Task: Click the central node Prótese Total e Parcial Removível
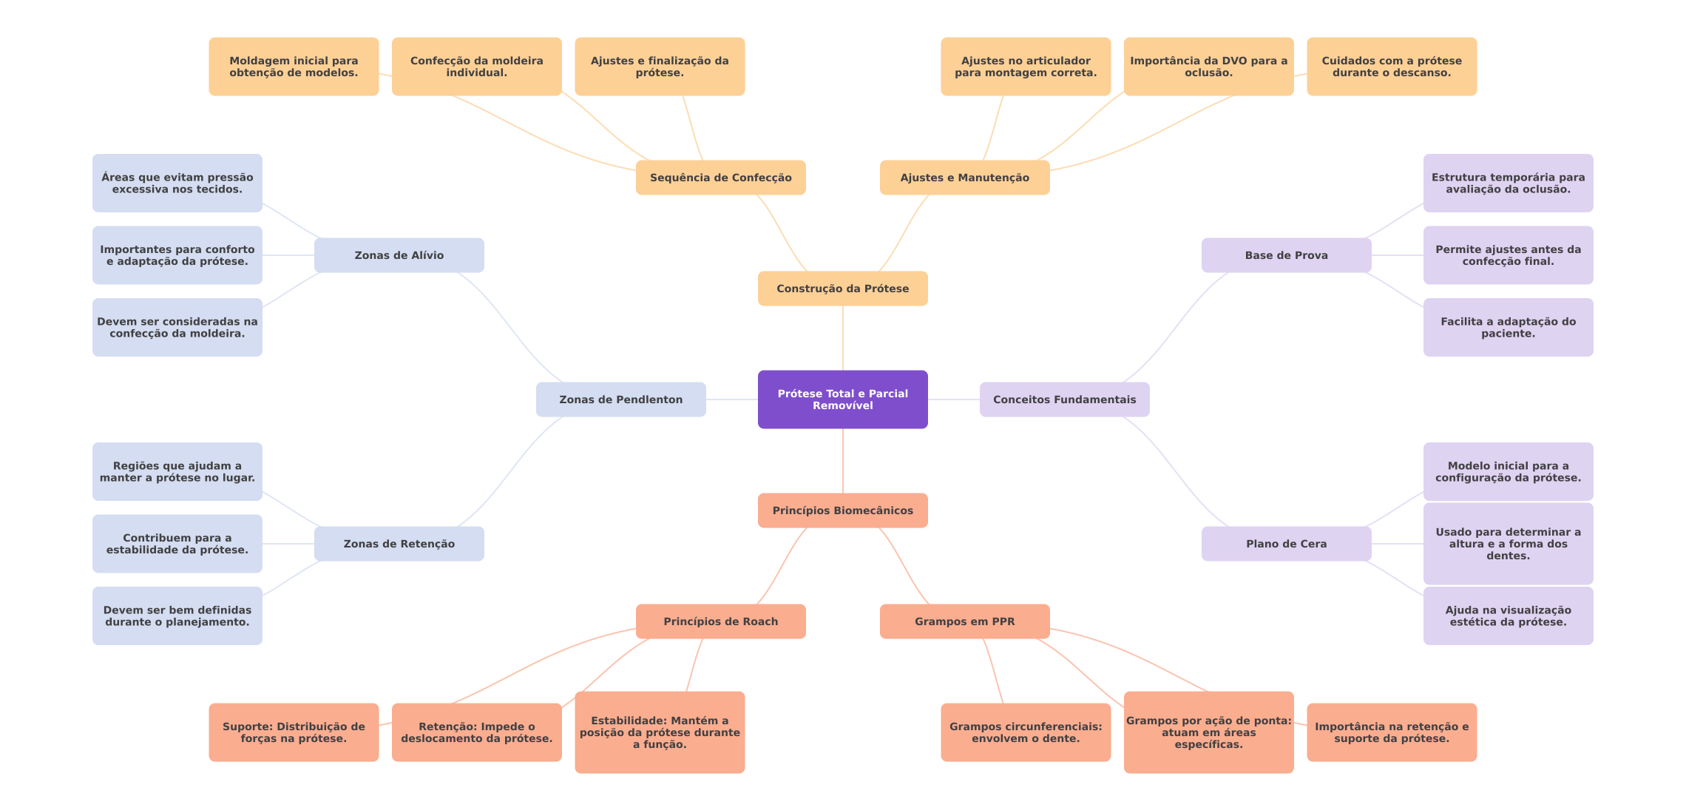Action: point(842,399)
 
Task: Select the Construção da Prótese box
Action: point(842,289)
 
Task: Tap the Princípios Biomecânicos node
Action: point(842,510)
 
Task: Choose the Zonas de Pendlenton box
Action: point(620,399)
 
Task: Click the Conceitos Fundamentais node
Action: point(1064,399)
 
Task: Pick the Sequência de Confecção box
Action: point(720,178)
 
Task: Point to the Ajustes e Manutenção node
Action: point(964,178)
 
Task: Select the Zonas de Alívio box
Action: point(399,255)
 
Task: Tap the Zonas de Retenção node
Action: point(399,544)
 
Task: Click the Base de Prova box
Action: point(1286,255)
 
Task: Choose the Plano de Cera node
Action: point(1286,544)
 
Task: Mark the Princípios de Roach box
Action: point(720,621)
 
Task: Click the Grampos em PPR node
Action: point(964,621)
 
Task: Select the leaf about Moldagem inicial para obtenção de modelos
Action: point(294,67)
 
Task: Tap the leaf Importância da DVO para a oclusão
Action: point(1208,67)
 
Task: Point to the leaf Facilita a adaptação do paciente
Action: point(1508,327)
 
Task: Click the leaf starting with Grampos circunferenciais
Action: point(1026,732)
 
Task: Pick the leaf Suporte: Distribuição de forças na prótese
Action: point(294,732)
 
